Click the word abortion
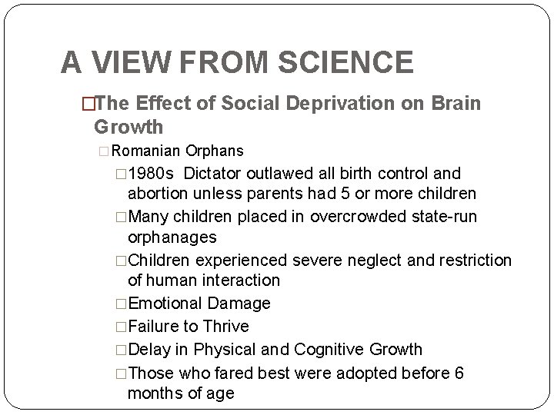point(159,192)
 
